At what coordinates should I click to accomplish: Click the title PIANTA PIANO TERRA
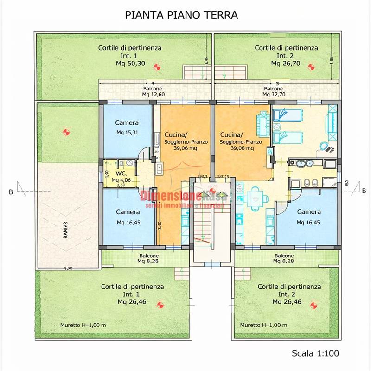point(182,15)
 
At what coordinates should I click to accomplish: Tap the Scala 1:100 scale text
point(315,353)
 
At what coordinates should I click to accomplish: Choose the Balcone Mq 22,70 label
point(273,91)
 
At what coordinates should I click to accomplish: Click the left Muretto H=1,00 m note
point(83,325)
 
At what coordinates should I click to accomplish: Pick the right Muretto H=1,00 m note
point(263,325)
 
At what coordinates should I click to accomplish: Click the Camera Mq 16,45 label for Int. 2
point(308,217)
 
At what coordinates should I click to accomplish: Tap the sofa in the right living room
point(262,122)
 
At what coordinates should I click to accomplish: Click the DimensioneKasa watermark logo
point(185,197)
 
